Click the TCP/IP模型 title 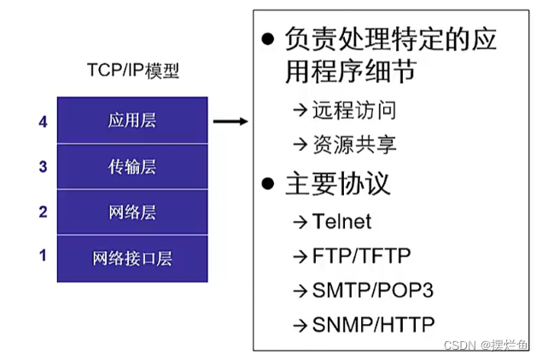(133, 73)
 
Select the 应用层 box (133, 119)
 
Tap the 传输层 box (133, 166)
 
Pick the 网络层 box (133, 212)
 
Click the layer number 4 (43, 121)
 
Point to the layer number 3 (43, 167)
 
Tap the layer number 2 (43, 212)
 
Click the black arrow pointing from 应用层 (230, 121)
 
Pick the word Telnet (341, 221)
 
